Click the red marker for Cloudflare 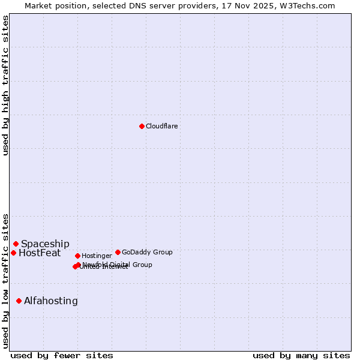[142, 126]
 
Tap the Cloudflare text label [161, 127]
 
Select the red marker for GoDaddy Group [118, 252]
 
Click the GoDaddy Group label [147, 253]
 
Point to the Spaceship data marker [16, 244]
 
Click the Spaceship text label [45, 244]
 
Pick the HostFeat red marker [13, 253]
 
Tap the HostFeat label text [40, 253]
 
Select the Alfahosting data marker [19, 301]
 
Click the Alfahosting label [51, 301]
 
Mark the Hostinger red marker [77, 256]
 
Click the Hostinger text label [97, 256]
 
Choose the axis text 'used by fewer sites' [62, 355]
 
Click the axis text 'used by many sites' [301, 355]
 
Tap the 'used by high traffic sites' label [5, 85]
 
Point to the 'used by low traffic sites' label [5, 280]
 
